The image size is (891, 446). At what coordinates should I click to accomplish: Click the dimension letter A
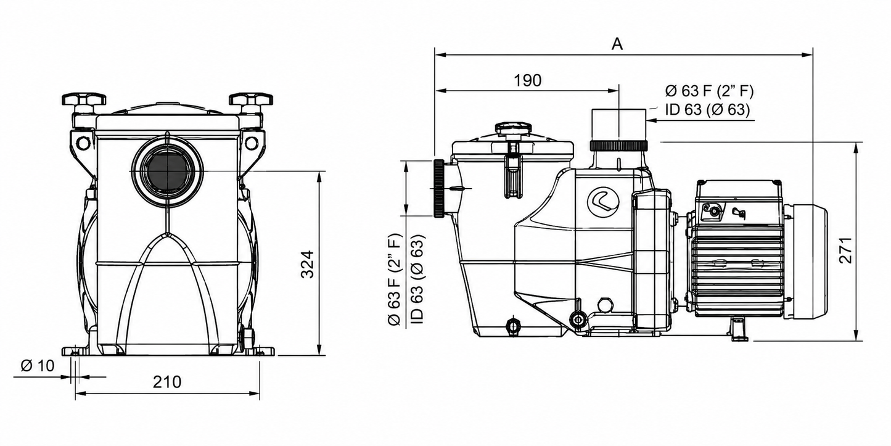point(617,44)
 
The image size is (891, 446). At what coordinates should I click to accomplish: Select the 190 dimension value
point(527,80)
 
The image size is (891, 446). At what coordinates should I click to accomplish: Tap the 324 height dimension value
point(308,264)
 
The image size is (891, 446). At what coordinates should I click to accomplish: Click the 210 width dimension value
point(167,382)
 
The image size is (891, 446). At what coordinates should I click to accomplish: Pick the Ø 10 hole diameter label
point(38,365)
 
